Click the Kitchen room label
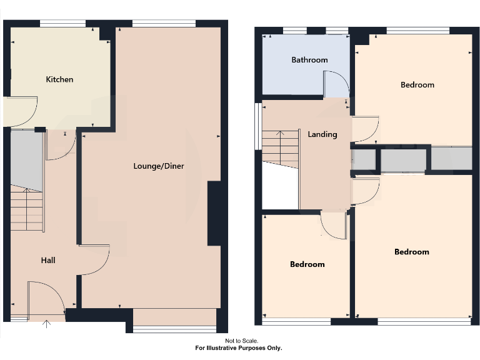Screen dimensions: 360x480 coord(59,79)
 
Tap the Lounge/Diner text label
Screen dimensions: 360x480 coord(158,166)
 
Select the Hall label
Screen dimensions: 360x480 coord(48,260)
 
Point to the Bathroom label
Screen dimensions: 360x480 coord(309,60)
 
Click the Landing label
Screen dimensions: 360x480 coord(322,134)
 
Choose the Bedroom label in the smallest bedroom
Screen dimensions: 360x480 coord(307,264)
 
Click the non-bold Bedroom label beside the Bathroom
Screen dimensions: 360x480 coord(417,85)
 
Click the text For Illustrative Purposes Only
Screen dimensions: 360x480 coord(239,348)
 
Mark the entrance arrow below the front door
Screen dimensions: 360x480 coord(47,324)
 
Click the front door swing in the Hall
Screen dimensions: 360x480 coord(47,297)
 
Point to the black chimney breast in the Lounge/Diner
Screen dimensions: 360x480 coord(214,213)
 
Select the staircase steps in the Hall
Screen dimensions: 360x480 coord(26,210)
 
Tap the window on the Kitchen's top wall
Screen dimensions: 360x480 coord(62,24)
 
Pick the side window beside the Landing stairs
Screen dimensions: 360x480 coord(257,126)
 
